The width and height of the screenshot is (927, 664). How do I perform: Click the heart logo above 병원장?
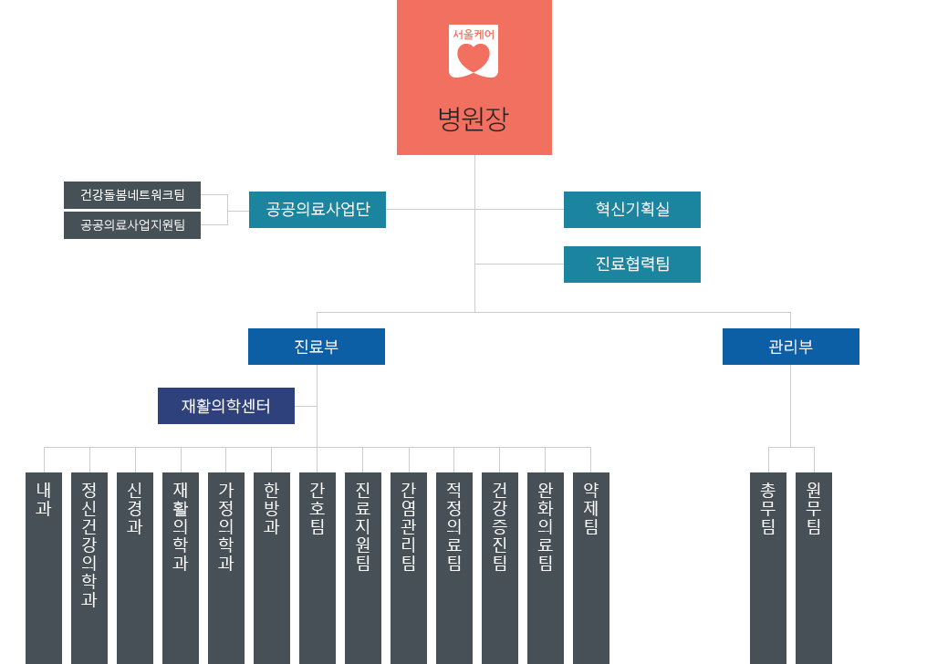pyautogui.click(x=474, y=54)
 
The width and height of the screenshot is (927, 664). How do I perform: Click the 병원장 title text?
pyautogui.click(x=474, y=119)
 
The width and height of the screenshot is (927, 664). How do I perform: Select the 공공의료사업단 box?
pyautogui.click(x=318, y=210)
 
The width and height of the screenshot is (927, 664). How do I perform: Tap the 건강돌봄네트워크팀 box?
pyautogui.click(x=132, y=195)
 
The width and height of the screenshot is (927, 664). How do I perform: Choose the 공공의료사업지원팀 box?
pyautogui.click(x=132, y=225)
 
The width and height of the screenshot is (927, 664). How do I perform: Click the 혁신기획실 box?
pyautogui.click(x=632, y=210)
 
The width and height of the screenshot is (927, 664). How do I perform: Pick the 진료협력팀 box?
pyautogui.click(x=632, y=265)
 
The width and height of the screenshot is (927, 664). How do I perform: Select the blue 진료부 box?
pyautogui.click(x=317, y=347)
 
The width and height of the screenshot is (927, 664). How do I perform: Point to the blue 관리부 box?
pyautogui.click(x=791, y=347)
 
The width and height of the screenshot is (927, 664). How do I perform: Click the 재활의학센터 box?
pyautogui.click(x=226, y=406)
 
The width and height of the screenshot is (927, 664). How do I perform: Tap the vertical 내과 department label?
pyautogui.click(x=44, y=500)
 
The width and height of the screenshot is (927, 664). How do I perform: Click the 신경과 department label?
pyautogui.click(x=135, y=508)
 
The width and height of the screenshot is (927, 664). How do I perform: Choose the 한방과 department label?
pyautogui.click(x=272, y=508)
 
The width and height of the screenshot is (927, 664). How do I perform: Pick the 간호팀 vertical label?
pyautogui.click(x=318, y=508)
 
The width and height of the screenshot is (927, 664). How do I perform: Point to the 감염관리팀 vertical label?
pyautogui.click(x=409, y=526)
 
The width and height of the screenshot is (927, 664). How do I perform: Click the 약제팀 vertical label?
pyautogui.click(x=591, y=508)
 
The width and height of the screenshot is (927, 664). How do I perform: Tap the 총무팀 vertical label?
pyautogui.click(x=768, y=508)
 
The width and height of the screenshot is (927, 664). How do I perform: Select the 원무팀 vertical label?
pyautogui.click(x=814, y=508)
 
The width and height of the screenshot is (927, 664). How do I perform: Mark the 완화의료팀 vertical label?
pyautogui.click(x=546, y=526)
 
